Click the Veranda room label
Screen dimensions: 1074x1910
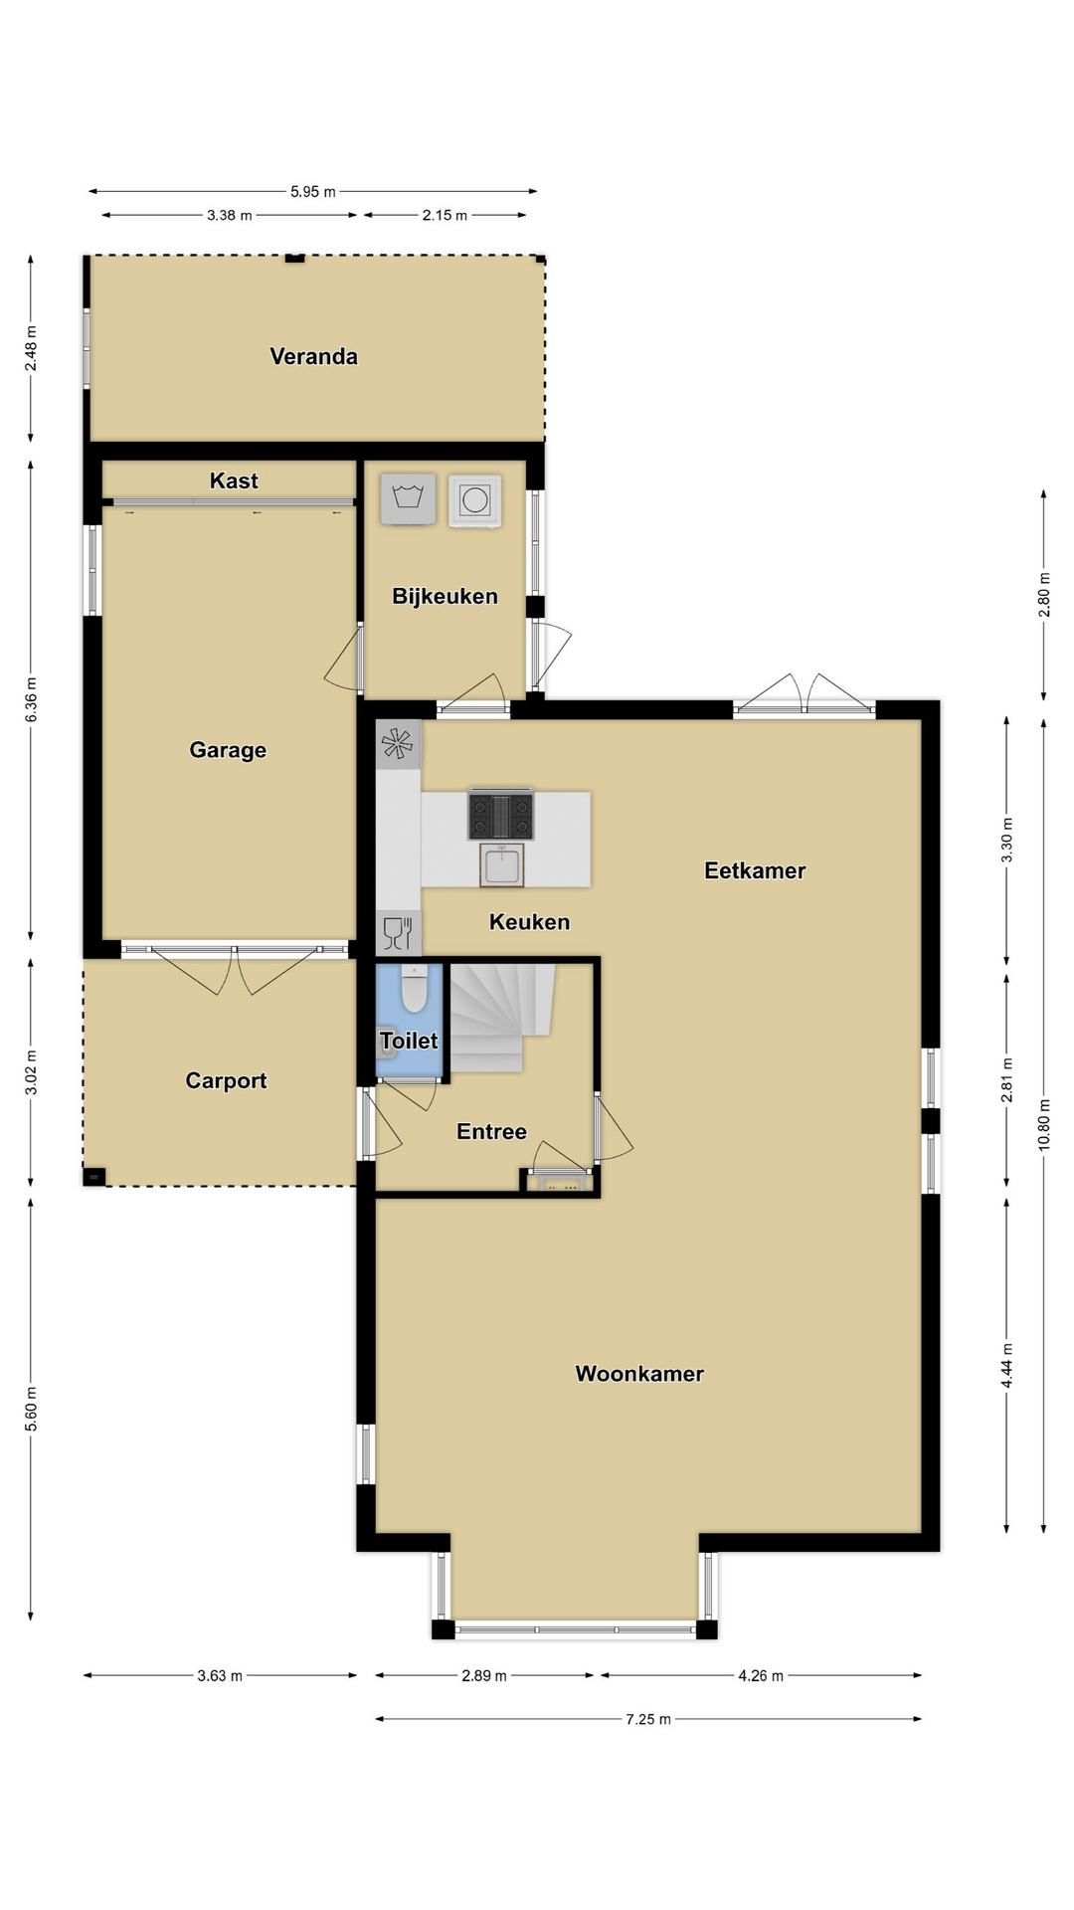313,356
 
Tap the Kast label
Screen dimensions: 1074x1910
234,480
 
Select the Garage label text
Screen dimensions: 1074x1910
228,750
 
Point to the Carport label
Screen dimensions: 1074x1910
226,1080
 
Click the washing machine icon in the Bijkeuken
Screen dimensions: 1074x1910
408,497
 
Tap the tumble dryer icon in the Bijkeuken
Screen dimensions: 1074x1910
474,499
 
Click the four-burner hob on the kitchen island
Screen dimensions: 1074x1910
501,815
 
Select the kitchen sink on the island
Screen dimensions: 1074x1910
501,864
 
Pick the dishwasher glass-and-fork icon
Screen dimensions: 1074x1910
398,933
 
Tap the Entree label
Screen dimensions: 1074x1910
491,1131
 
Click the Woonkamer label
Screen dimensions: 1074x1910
639,1374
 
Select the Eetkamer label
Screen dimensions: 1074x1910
755,870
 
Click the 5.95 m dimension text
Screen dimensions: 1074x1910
313,191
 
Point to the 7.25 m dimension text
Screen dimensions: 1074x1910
648,1718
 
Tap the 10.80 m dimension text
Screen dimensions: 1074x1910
1044,1124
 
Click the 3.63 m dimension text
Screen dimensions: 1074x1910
220,1675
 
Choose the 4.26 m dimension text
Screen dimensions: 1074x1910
761,1675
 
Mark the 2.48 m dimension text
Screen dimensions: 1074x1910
31,348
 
